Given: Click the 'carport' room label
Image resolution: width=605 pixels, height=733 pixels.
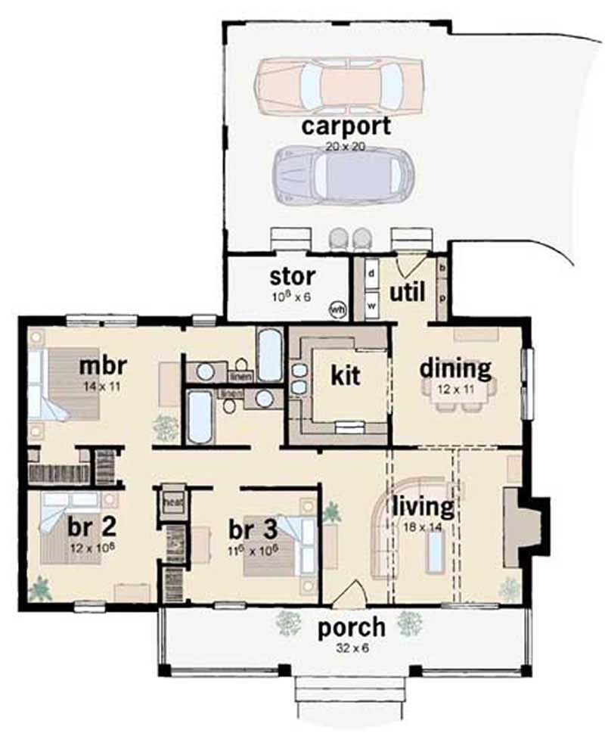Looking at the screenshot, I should click(x=346, y=126).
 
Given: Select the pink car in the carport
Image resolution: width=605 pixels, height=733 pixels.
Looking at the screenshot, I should click(x=340, y=85).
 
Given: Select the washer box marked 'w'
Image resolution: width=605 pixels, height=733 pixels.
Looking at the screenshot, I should click(x=372, y=306).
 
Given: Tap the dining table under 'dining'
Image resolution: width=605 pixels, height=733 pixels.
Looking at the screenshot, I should click(x=456, y=392).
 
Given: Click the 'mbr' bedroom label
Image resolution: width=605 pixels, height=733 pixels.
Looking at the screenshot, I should click(x=103, y=366).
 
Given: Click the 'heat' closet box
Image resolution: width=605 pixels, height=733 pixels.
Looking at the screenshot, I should click(x=171, y=502).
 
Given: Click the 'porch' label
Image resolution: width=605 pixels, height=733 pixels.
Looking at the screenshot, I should click(x=351, y=627).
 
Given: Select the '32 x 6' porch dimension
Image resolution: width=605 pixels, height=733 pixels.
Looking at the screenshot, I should click(x=350, y=648).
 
